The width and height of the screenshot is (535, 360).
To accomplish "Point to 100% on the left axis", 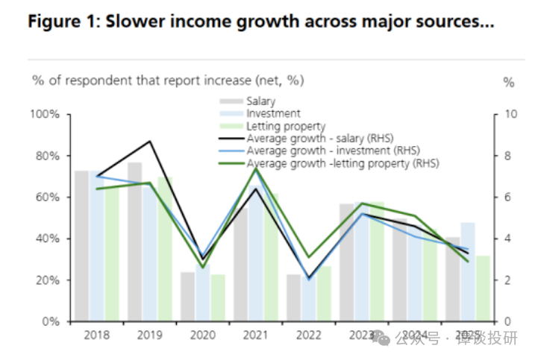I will point(45,114).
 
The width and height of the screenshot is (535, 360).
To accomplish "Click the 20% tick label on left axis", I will point(48,280).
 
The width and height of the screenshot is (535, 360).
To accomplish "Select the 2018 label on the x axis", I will point(96,335).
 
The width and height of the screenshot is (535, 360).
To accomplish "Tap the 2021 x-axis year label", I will point(256,335).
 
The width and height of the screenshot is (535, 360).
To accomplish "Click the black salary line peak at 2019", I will point(150,141).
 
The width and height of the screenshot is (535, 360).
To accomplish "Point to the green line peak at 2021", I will point(256,168).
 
